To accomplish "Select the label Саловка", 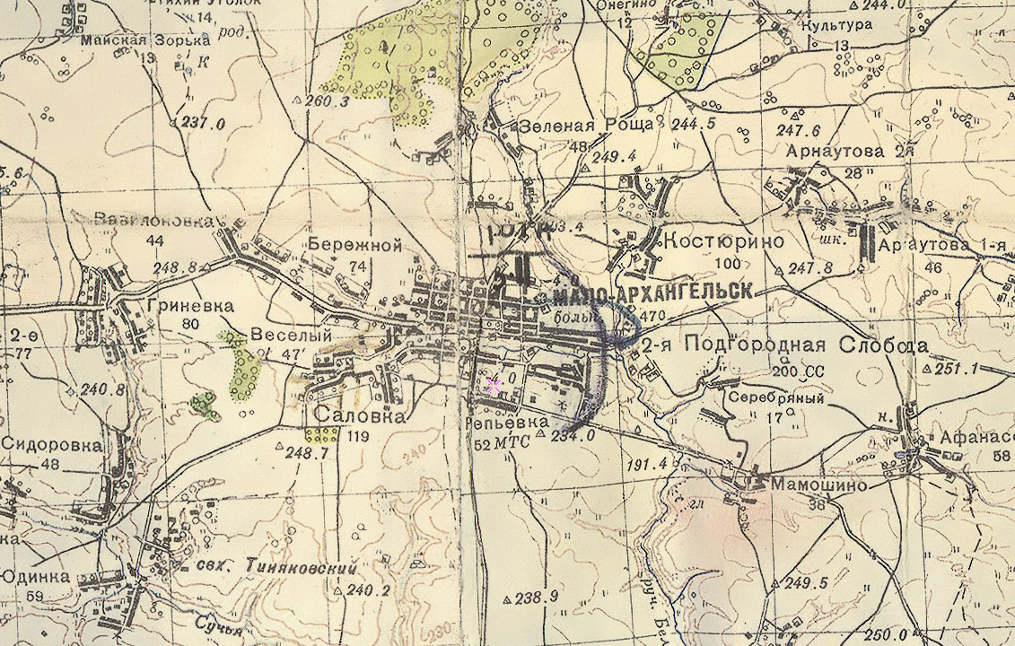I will [359, 416].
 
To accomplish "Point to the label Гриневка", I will [186, 304].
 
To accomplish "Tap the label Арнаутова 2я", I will [849, 151].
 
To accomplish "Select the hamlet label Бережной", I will [354, 244].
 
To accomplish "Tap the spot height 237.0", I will [203, 124].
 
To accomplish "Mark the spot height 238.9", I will [538, 597].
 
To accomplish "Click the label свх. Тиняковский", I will [277, 568].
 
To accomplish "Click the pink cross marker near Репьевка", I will [493, 387].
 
